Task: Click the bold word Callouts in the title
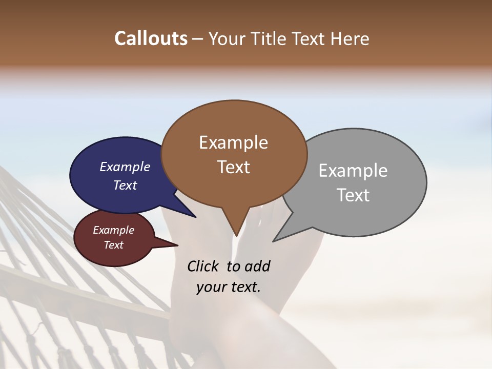[x=151, y=38]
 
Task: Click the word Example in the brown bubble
[x=233, y=142]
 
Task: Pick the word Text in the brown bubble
[x=234, y=167]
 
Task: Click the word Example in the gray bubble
[x=353, y=171]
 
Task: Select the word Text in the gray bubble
[x=353, y=195]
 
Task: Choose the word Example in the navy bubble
[x=125, y=167]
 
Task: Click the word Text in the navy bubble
[x=125, y=185]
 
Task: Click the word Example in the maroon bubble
[x=113, y=230]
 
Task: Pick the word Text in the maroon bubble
[x=114, y=245]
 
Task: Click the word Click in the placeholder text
[x=203, y=266]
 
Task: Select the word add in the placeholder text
[x=257, y=266]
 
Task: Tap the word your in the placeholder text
[x=211, y=287]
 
